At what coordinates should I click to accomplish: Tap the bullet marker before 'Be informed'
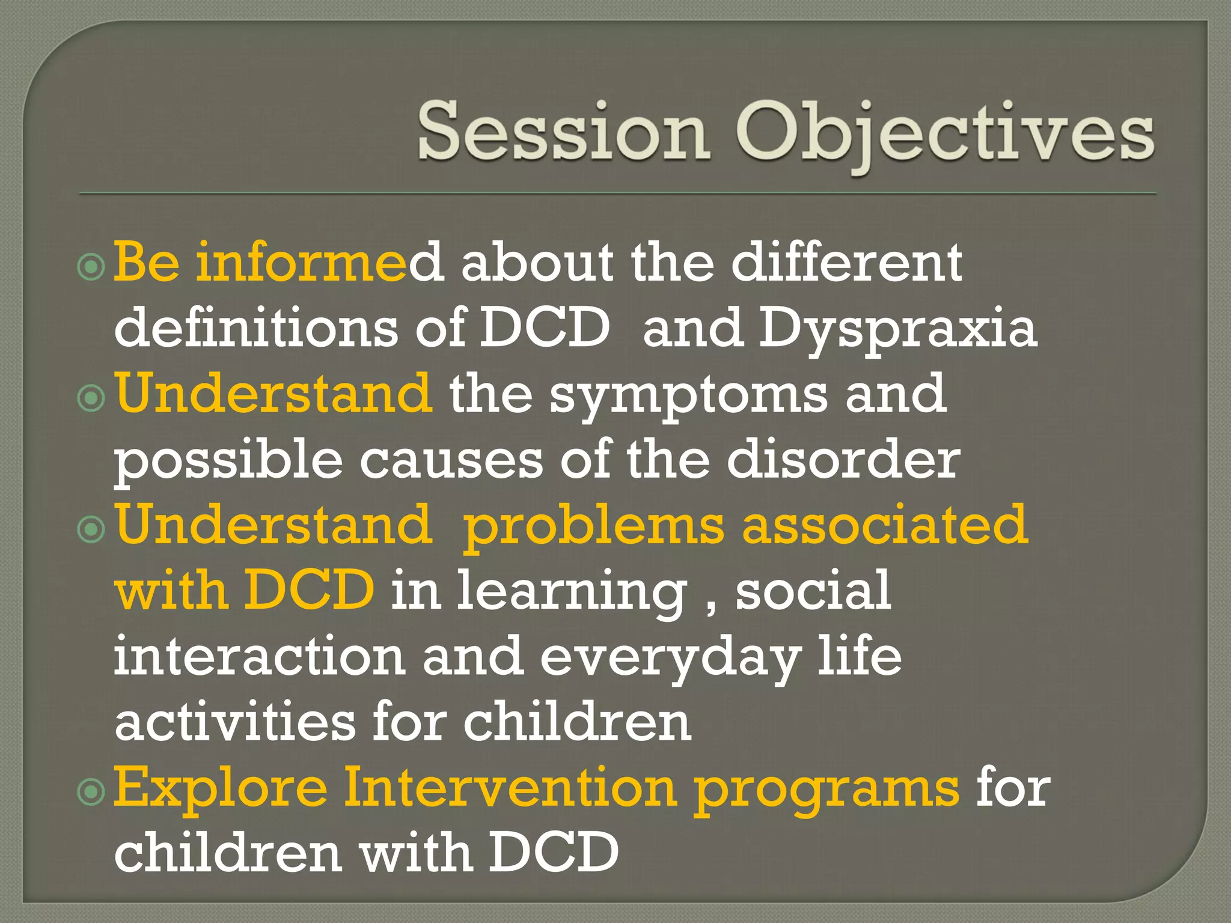(91, 266)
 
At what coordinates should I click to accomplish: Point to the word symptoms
(688, 395)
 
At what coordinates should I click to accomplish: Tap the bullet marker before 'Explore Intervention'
(91, 792)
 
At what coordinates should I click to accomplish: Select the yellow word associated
(885, 525)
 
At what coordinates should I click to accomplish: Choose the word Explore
(221, 788)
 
